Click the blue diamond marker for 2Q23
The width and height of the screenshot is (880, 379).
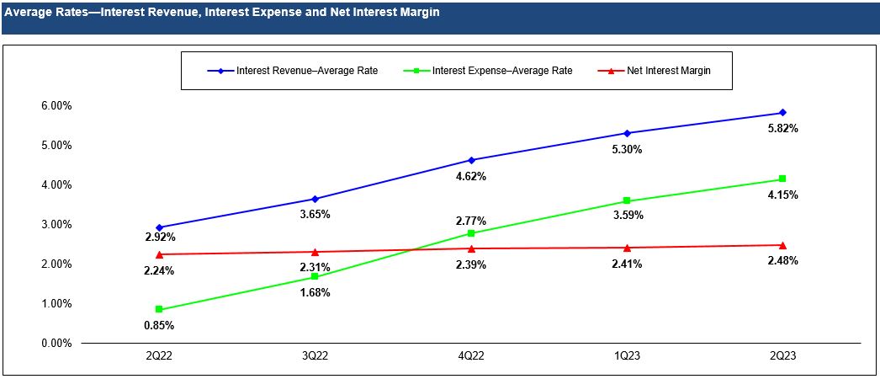tap(782, 112)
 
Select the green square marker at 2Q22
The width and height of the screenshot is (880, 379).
tap(159, 309)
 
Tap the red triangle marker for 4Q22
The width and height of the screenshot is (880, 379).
tap(471, 248)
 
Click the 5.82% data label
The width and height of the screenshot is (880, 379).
tap(782, 129)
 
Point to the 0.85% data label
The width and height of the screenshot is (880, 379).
tap(159, 325)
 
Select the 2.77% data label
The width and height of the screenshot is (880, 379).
tap(471, 221)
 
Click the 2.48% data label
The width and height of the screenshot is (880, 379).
tap(782, 261)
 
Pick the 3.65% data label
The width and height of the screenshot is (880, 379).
tap(315, 215)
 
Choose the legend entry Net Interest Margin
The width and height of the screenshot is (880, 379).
tap(668, 71)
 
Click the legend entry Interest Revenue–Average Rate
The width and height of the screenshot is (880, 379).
tap(307, 71)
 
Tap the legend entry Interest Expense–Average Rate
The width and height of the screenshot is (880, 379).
tap(501, 71)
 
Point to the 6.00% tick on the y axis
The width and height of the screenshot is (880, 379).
tap(56, 105)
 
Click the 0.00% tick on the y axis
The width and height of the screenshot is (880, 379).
tap(56, 344)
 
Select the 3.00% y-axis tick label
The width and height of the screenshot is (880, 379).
tap(56, 225)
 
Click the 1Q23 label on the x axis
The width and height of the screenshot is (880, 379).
tap(627, 356)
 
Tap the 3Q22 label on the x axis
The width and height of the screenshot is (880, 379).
tap(315, 356)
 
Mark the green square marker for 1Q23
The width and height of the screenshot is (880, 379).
tap(627, 200)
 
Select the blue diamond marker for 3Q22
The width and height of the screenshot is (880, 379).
tap(315, 199)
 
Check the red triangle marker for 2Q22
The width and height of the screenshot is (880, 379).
tap(159, 254)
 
